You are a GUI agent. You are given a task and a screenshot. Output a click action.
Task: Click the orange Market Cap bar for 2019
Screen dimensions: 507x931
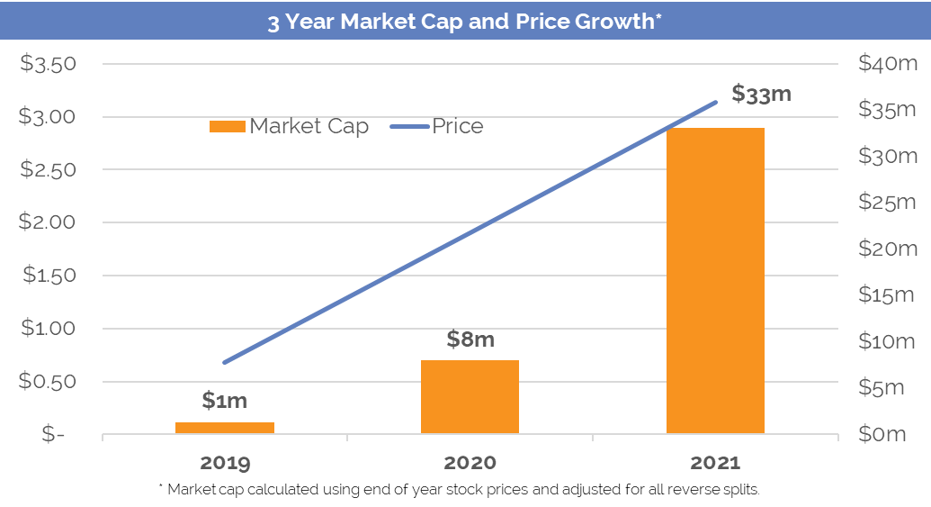(225, 428)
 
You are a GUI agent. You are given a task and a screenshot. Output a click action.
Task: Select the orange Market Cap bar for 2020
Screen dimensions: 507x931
(470, 397)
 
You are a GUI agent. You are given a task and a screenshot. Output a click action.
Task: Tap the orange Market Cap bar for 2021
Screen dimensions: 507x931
(715, 281)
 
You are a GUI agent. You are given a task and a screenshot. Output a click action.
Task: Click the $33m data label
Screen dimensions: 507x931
(761, 94)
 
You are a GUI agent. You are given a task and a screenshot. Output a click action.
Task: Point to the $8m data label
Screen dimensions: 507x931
(470, 340)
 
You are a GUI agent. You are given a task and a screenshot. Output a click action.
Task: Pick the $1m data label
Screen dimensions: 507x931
(224, 401)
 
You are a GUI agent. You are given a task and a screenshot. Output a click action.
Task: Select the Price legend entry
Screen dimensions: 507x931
(438, 126)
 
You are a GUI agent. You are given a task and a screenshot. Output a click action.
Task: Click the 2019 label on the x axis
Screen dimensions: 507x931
(225, 464)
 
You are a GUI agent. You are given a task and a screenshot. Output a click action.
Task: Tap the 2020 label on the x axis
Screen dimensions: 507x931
(470, 464)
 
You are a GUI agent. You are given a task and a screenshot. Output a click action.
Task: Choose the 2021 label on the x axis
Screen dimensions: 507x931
(715, 464)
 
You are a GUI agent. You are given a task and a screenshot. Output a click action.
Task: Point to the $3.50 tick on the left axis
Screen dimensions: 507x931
(50, 65)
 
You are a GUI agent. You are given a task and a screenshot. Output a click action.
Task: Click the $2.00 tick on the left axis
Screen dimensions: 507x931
(50, 222)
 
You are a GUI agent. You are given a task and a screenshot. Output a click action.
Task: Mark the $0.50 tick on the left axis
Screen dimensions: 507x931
(50, 381)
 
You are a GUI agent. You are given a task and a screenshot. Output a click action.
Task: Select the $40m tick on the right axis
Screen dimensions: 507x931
(886, 65)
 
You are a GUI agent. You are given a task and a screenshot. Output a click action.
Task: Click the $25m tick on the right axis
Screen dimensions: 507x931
(886, 203)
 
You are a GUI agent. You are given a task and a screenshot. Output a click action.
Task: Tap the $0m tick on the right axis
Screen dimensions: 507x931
(882, 434)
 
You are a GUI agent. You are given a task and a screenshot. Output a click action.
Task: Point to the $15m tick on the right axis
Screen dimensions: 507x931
(886, 295)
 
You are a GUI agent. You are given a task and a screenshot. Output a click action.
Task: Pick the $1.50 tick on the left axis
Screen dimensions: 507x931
(50, 276)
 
